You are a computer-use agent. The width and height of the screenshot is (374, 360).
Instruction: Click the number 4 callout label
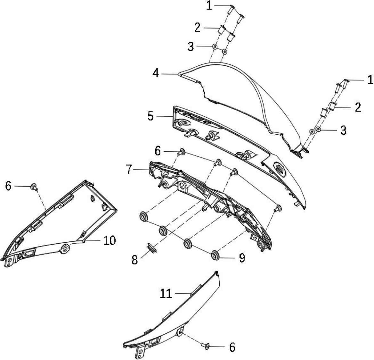pyautogui.click(x=156, y=73)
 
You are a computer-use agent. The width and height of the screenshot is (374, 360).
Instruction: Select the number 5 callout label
pyautogui.click(x=150, y=116)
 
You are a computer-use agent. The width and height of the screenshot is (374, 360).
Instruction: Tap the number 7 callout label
pyautogui.click(x=129, y=170)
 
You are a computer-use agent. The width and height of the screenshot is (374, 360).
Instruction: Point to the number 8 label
pyautogui.click(x=135, y=260)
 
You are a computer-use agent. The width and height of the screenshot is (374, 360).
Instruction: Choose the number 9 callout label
pyautogui.click(x=242, y=258)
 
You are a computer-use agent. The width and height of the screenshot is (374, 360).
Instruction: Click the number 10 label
pyautogui.click(x=110, y=240)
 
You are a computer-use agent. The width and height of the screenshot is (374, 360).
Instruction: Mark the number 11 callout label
pyautogui.click(x=166, y=293)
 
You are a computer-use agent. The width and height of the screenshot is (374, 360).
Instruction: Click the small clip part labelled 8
pyautogui.click(x=152, y=247)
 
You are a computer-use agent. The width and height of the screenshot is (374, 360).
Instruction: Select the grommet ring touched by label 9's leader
pyautogui.click(x=215, y=255)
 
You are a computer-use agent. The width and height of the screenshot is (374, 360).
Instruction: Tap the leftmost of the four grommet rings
pyautogui.click(x=144, y=216)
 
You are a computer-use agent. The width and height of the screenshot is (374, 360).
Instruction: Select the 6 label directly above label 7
pyautogui.click(x=158, y=151)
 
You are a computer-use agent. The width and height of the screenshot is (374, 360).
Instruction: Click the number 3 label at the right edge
pyautogui.click(x=343, y=130)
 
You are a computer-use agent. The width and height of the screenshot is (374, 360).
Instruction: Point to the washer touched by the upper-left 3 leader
pyautogui.click(x=215, y=47)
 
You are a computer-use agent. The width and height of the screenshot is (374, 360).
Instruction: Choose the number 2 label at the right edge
pyautogui.click(x=358, y=107)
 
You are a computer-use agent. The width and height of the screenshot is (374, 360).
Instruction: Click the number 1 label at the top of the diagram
pyautogui.click(x=209, y=6)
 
